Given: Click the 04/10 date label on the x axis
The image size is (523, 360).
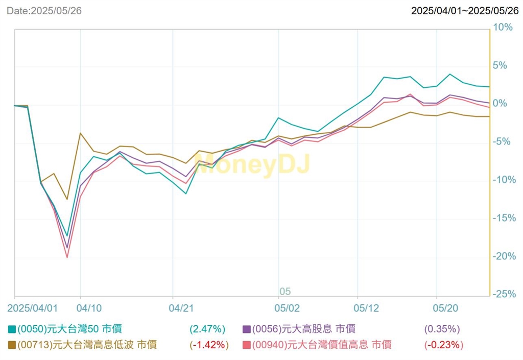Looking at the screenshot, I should tap(89, 308).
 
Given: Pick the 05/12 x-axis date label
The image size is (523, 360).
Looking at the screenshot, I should tap(366, 308).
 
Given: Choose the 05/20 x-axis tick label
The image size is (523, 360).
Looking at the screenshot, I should tap(445, 308).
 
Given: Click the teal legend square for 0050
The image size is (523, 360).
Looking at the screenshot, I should tap(11, 329).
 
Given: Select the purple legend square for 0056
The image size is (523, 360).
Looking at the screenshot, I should tap(246, 329).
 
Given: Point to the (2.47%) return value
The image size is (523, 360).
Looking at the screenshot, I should tap(207, 329).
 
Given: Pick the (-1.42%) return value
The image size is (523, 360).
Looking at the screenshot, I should tap(208, 345).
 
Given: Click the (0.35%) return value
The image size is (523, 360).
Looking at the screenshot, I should tap(442, 329).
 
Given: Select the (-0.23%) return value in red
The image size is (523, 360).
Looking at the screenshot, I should tap(443, 345).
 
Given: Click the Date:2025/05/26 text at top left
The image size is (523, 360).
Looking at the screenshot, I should tap(44, 11).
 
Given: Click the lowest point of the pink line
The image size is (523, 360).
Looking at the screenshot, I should tap(67, 257).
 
